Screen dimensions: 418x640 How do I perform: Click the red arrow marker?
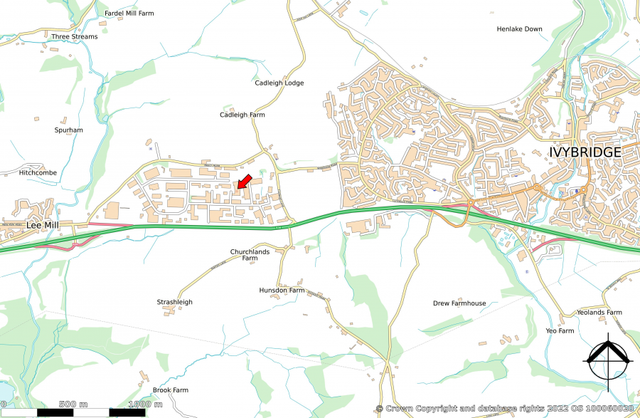[243, 182]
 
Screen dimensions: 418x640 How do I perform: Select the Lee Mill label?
[41, 224]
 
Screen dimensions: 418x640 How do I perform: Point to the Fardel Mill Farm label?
[129, 13]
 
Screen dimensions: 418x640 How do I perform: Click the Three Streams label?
[75, 36]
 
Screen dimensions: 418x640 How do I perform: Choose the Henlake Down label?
[519, 29]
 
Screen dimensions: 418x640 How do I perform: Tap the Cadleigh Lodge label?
[279, 83]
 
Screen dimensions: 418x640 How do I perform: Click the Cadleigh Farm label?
[242, 114]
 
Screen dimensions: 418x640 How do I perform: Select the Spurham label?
[69, 130]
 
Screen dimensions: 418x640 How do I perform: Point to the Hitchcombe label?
[38, 172]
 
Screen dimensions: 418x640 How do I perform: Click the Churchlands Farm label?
[250, 255]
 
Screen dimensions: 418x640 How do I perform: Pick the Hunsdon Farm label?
[282, 291]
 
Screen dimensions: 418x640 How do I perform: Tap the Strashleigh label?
[174, 302]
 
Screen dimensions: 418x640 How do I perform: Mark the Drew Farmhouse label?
[459, 303]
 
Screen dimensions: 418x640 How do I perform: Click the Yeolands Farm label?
[599, 313]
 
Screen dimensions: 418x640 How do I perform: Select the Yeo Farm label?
[560, 331]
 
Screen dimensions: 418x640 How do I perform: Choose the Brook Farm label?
[171, 390]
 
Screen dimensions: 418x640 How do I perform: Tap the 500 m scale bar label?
[73, 404]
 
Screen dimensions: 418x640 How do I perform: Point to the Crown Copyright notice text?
[504, 408]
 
